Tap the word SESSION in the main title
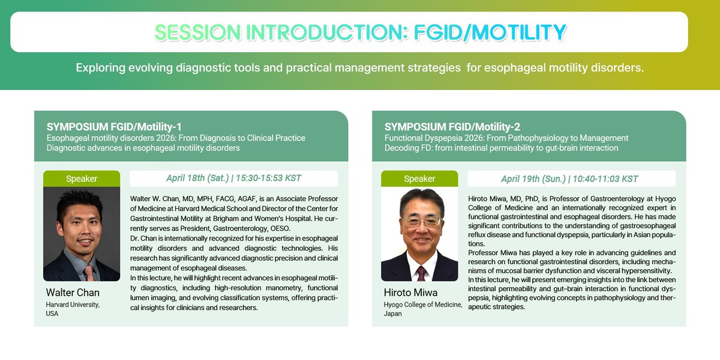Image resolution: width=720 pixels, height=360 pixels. point(197,32)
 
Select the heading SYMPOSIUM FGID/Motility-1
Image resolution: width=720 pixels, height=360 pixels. point(114,127)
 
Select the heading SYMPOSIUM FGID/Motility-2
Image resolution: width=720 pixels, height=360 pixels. point(452,127)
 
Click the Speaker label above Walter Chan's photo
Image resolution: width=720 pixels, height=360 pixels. point(82,179)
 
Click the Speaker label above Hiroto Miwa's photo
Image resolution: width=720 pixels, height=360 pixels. point(419,179)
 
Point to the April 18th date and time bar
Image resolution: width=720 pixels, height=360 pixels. point(233,178)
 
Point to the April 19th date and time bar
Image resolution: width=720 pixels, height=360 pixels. point(571,179)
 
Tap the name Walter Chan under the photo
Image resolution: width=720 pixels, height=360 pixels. point(73,293)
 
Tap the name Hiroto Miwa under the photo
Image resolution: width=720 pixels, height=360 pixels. point(410,293)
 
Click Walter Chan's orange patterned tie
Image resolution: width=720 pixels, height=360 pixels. point(89,273)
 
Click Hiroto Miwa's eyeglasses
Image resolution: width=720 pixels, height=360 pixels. point(422,221)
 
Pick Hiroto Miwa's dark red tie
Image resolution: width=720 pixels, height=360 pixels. point(421,274)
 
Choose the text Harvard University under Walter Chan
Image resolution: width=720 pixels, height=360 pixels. point(73,305)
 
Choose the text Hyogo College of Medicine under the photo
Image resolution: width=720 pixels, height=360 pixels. point(423,305)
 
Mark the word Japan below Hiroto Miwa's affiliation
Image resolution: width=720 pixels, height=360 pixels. point(393,314)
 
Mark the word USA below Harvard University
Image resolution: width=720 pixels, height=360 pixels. point(52,314)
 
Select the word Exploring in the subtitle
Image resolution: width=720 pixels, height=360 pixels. point(101,68)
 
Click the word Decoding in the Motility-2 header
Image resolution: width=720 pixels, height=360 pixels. point(400,148)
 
